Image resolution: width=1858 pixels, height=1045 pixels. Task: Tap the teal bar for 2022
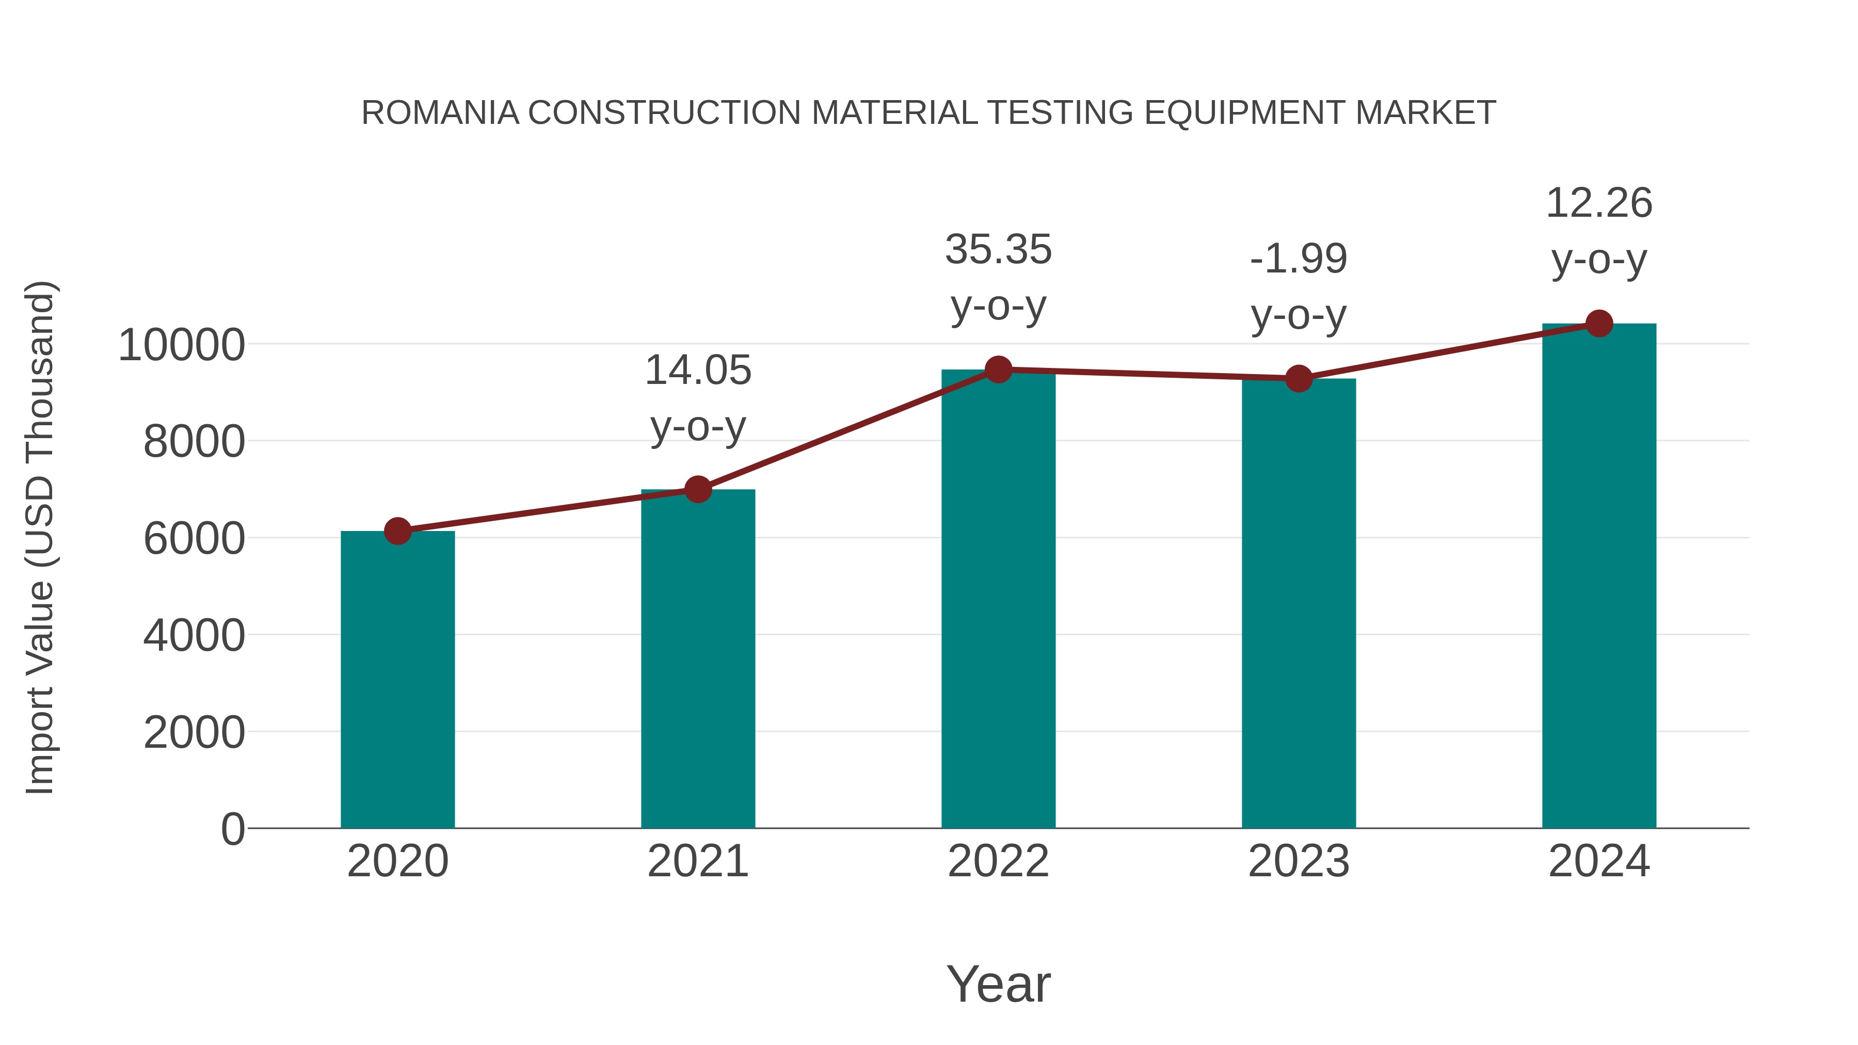pyautogui.click(x=998, y=599)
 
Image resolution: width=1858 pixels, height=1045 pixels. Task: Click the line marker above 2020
pyautogui.click(x=397, y=532)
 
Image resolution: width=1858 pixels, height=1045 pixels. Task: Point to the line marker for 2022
pyautogui.click(x=998, y=369)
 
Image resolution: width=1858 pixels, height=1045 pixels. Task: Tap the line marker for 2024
pyautogui.click(x=1599, y=324)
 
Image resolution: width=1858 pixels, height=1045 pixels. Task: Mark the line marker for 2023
pyautogui.click(x=1299, y=379)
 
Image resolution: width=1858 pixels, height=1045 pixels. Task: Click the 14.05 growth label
pyautogui.click(x=697, y=371)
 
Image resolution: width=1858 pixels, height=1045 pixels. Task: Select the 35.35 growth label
pyautogui.click(x=998, y=250)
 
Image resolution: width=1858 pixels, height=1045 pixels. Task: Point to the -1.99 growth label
pyautogui.click(x=1299, y=259)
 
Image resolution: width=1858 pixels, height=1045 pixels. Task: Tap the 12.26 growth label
pyautogui.click(x=1599, y=203)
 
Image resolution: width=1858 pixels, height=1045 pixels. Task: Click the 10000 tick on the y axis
pyautogui.click(x=182, y=345)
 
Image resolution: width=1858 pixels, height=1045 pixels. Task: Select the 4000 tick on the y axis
pyautogui.click(x=194, y=636)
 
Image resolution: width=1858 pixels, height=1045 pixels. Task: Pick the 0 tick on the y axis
pyautogui.click(x=232, y=829)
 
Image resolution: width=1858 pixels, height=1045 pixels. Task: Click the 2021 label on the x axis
pyautogui.click(x=697, y=862)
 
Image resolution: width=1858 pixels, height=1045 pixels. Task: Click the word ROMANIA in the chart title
pyautogui.click(x=440, y=113)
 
